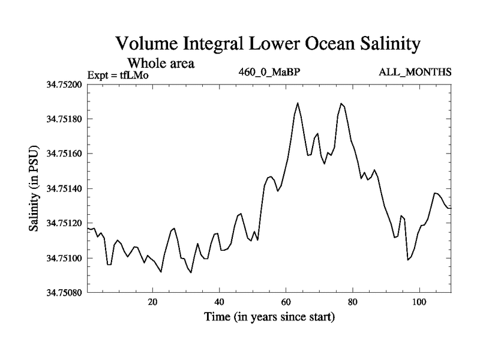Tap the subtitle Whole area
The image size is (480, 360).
click(161, 62)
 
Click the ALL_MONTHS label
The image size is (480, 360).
click(415, 73)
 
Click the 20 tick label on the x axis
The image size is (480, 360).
click(152, 302)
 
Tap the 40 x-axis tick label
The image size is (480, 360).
click(219, 302)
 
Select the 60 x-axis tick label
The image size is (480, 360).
click(286, 302)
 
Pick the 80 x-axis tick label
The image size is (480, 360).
click(352, 302)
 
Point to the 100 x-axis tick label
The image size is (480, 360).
click(419, 302)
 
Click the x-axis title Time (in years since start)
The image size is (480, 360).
click(268, 316)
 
